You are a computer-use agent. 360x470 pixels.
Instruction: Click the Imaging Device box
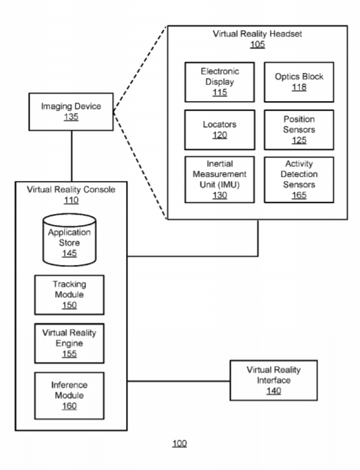[71, 111]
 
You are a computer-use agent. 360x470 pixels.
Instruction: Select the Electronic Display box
[220, 82]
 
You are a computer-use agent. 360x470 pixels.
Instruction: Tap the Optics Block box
[299, 82]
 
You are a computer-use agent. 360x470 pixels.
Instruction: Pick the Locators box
[220, 130]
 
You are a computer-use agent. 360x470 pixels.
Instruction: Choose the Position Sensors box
[299, 130]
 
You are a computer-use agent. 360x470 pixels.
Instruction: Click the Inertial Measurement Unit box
[220, 180]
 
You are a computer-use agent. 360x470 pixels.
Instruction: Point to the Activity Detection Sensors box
[299, 180]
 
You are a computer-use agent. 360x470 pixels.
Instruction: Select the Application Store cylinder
[70, 239]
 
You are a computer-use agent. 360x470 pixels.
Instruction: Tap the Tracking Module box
[70, 295]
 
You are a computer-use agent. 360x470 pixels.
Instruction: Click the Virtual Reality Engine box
[70, 343]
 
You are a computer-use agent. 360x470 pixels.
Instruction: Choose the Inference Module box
[70, 396]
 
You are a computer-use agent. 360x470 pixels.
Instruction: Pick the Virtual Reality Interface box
[274, 381]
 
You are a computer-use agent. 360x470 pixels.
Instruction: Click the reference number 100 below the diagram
[180, 443]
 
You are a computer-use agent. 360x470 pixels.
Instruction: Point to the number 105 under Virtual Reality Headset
[257, 44]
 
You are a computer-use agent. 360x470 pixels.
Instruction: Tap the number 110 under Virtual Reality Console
[71, 200]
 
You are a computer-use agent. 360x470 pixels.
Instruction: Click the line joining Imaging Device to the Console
[72, 156]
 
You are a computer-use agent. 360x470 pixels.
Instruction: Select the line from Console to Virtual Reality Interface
[179, 381]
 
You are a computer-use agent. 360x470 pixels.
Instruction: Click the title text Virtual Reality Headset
[257, 34]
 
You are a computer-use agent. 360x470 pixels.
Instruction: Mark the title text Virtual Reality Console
[71, 189]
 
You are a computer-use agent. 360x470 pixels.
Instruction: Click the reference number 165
[299, 195]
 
